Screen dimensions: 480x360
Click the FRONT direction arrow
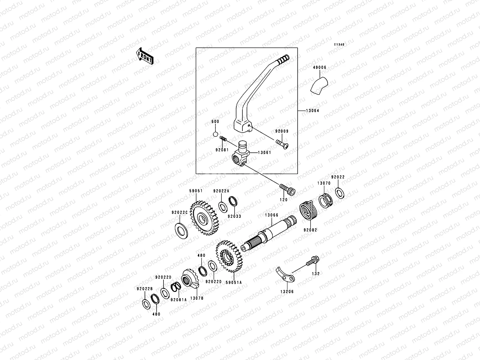(x=145, y=56)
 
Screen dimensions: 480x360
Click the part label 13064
(x=313, y=111)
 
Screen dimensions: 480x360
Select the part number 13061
(x=265, y=152)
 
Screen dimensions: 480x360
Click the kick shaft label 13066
(x=271, y=215)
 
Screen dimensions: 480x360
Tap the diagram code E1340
(x=340, y=44)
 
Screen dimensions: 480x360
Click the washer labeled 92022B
(x=145, y=304)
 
